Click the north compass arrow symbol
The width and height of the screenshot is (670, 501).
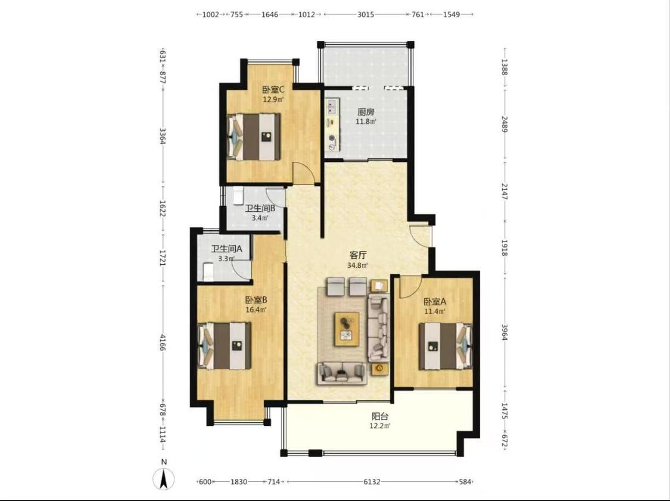tap(164, 478)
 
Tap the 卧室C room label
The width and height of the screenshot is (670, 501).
tap(273, 90)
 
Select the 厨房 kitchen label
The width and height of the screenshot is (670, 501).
tap(366, 112)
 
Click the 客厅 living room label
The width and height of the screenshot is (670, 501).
tap(358, 255)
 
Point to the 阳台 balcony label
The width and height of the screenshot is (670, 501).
tap(380, 416)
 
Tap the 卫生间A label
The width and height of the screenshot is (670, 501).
tap(227, 249)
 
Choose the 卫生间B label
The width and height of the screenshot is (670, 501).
tap(260, 208)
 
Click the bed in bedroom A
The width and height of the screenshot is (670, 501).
tap(445, 346)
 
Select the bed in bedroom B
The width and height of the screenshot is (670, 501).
tap(225, 346)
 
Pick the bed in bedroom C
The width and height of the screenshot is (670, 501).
tap(254, 137)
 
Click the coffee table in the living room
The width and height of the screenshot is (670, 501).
tap(347, 328)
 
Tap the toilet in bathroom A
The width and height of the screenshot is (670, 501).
tap(208, 273)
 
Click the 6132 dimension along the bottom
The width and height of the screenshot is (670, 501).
tap(372, 482)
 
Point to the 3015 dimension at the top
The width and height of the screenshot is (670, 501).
tap(366, 14)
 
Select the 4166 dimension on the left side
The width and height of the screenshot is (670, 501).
tap(163, 343)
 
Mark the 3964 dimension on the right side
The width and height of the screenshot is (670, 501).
tap(504, 332)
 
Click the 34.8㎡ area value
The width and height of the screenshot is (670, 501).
tap(358, 265)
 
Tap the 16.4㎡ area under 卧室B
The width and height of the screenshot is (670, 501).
tap(256, 310)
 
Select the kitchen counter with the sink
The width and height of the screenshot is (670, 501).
tap(332, 124)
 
